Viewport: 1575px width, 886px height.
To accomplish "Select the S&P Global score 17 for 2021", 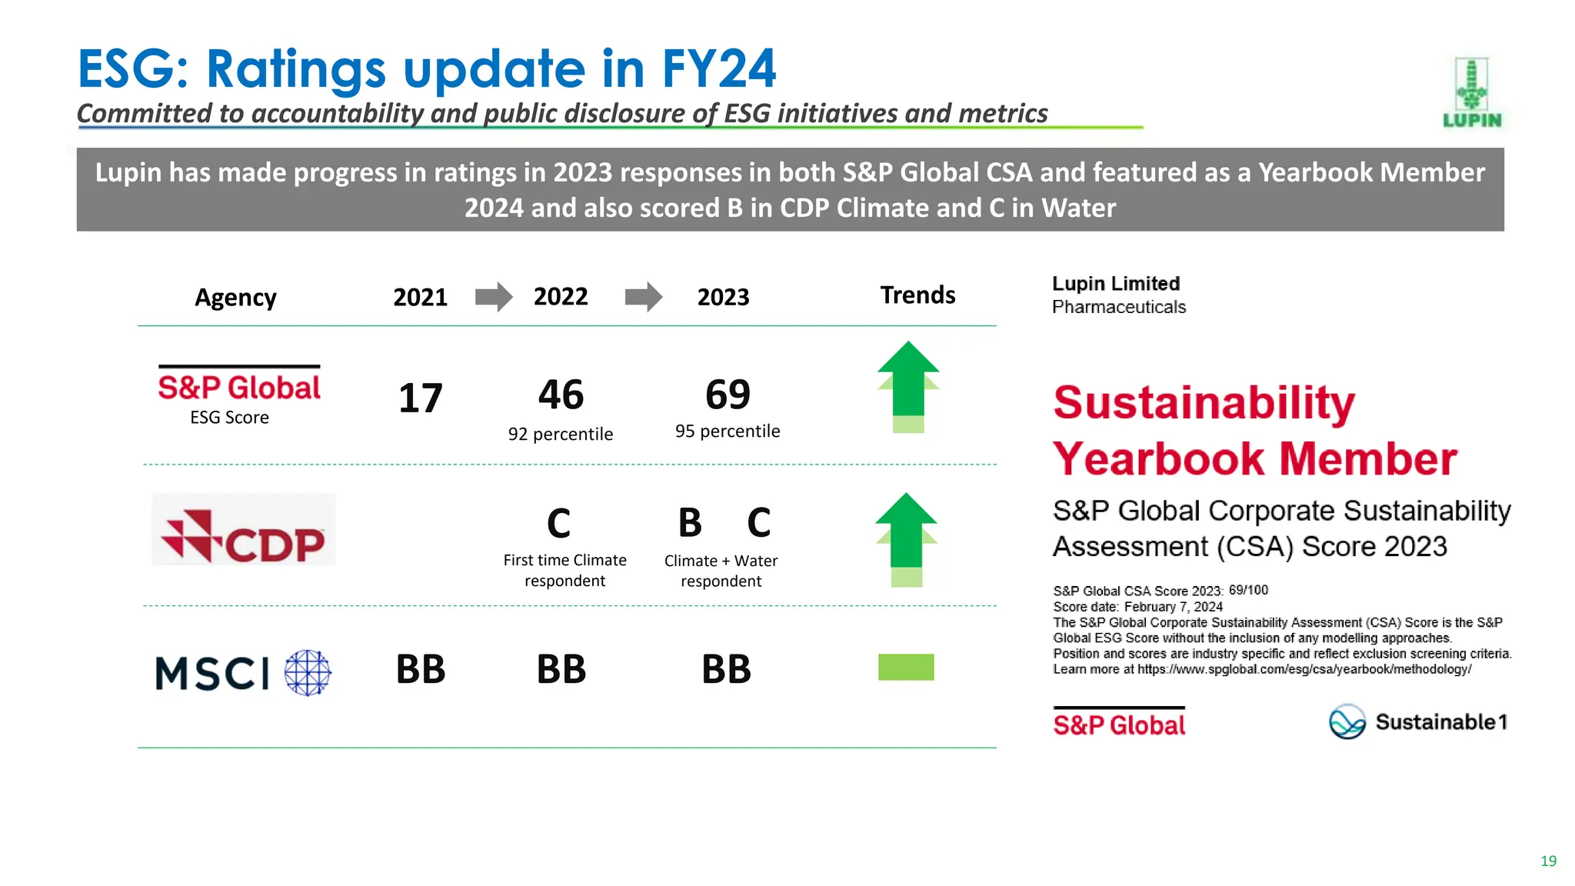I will [420, 398].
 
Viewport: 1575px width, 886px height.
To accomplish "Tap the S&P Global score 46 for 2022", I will [561, 395].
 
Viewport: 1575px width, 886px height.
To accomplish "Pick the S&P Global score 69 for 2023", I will [728, 395].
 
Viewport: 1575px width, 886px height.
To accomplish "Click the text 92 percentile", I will [561, 435].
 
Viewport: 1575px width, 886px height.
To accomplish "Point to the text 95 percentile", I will [728, 431].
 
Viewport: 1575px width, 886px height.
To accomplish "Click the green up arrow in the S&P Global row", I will [908, 385].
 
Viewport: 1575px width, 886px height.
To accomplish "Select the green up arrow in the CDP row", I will [906, 538].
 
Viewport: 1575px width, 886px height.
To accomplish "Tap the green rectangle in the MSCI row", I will [906, 667].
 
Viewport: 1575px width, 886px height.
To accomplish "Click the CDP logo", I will [243, 530].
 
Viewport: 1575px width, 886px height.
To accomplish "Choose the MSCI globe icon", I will [308, 673].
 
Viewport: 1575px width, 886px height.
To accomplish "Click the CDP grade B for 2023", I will [690, 523].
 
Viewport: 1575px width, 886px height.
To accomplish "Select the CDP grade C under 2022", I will [559, 525].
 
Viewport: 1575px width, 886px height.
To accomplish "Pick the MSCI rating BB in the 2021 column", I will [420, 669].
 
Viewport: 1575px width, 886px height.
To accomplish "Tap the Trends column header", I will [917, 295].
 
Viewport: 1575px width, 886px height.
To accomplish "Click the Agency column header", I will [235, 298].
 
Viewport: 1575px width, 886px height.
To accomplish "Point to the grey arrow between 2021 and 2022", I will [493, 297].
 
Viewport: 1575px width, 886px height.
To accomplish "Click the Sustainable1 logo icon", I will [1347, 721].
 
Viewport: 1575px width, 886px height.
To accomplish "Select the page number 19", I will [1548, 861].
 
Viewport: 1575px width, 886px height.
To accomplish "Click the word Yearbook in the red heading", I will [1158, 459].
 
